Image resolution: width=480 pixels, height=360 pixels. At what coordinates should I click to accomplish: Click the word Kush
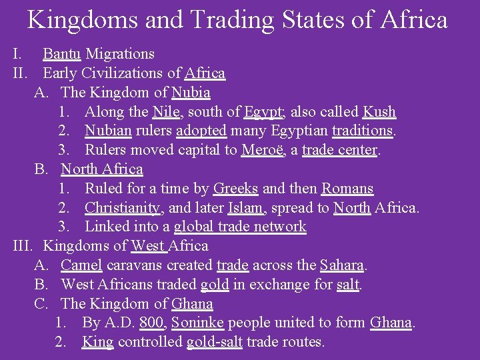point(379,112)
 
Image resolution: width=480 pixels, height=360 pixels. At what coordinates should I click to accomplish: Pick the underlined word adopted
point(201,131)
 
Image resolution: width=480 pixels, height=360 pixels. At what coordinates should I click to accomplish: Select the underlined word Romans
point(347,189)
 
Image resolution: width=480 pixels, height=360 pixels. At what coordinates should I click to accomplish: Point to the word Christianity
point(123,208)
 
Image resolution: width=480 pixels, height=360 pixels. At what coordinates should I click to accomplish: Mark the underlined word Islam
point(245,208)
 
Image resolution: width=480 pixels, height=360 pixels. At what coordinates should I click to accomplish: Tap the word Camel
point(81,265)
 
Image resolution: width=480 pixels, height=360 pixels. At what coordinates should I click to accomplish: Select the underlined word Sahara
point(342,265)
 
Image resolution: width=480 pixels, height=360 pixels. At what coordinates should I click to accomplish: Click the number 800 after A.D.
point(153,323)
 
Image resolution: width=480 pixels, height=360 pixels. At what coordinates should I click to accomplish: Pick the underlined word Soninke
point(198,323)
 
